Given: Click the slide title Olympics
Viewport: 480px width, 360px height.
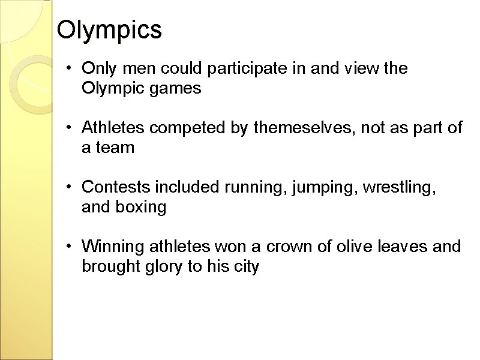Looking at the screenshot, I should pyautogui.click(x=109, y=30).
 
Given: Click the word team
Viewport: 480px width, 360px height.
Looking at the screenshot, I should pyautogui.click(x=114, y=148).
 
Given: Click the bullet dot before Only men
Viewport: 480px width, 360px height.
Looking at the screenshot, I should pyautogui.click(x=70, y=69).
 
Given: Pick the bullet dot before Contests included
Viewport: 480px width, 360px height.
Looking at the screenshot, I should pyautogui.click(x=70, y=187).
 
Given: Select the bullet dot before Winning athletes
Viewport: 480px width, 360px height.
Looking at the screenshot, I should pyautogui.click(x=70, y=246).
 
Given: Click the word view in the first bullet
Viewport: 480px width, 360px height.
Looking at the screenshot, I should pyautogui.click(x=362, y=69).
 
